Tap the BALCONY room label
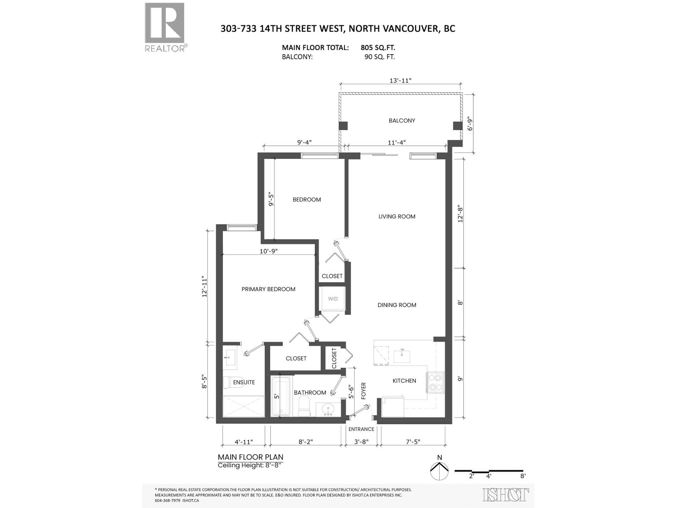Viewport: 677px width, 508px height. click(402, 121)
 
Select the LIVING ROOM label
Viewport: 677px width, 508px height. click(396, 216)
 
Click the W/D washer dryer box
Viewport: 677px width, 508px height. click(333, 299)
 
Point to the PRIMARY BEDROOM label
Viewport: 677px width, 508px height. click(268, 289)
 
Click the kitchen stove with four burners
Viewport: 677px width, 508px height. click(435, 382)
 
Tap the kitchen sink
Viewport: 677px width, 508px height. click(401, 356)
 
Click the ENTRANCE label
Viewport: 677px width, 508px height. click(361, 429)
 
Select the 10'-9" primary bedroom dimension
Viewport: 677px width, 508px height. click(268, 251)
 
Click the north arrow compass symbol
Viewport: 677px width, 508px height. click(439, 469)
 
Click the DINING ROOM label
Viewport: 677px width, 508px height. click(396, 305)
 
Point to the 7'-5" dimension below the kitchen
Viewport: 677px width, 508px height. click(413, 442)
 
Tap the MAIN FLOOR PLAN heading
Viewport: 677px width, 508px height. click(250, 457)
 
